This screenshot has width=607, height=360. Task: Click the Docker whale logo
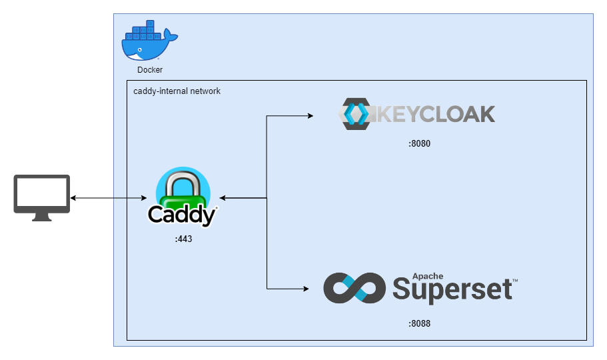tap(148, 44)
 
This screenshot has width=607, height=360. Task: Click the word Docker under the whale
tap(150, 70)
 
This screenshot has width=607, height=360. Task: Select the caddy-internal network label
tap(177, 91)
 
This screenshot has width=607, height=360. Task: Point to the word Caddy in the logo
tap(182, 215)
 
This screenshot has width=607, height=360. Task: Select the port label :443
tap(183, 238)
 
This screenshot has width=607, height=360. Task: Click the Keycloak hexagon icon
tap(355, 114)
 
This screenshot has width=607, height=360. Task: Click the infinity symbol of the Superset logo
tap(354, 288)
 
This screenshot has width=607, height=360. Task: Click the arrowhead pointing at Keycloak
tap(310, 116)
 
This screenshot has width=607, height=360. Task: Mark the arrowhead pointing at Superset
tap(306, 289)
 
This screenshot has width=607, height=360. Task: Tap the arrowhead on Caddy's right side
tap(223, 198)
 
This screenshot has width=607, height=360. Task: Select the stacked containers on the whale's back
tap(145, 31)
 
